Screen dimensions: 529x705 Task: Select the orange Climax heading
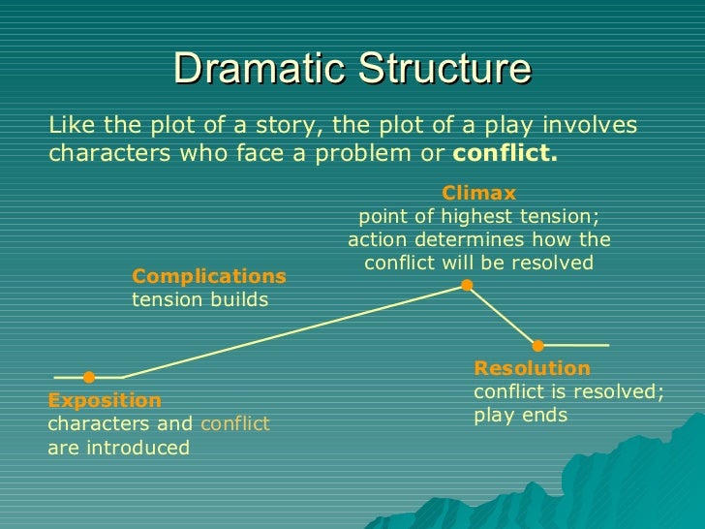[478, 193]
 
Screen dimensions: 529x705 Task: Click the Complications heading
[209, 276]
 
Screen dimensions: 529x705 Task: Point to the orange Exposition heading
[105, 400]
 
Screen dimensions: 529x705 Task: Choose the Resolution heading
[532, 368]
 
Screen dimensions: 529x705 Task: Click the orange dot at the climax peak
[467, 285]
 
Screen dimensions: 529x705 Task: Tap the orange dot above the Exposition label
[89, 377]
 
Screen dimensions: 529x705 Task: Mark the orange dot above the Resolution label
[538, 345]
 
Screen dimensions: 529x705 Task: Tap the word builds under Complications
[241, 299]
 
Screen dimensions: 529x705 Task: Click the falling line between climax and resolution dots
[504, 316]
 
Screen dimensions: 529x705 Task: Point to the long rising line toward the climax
[291, 331]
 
